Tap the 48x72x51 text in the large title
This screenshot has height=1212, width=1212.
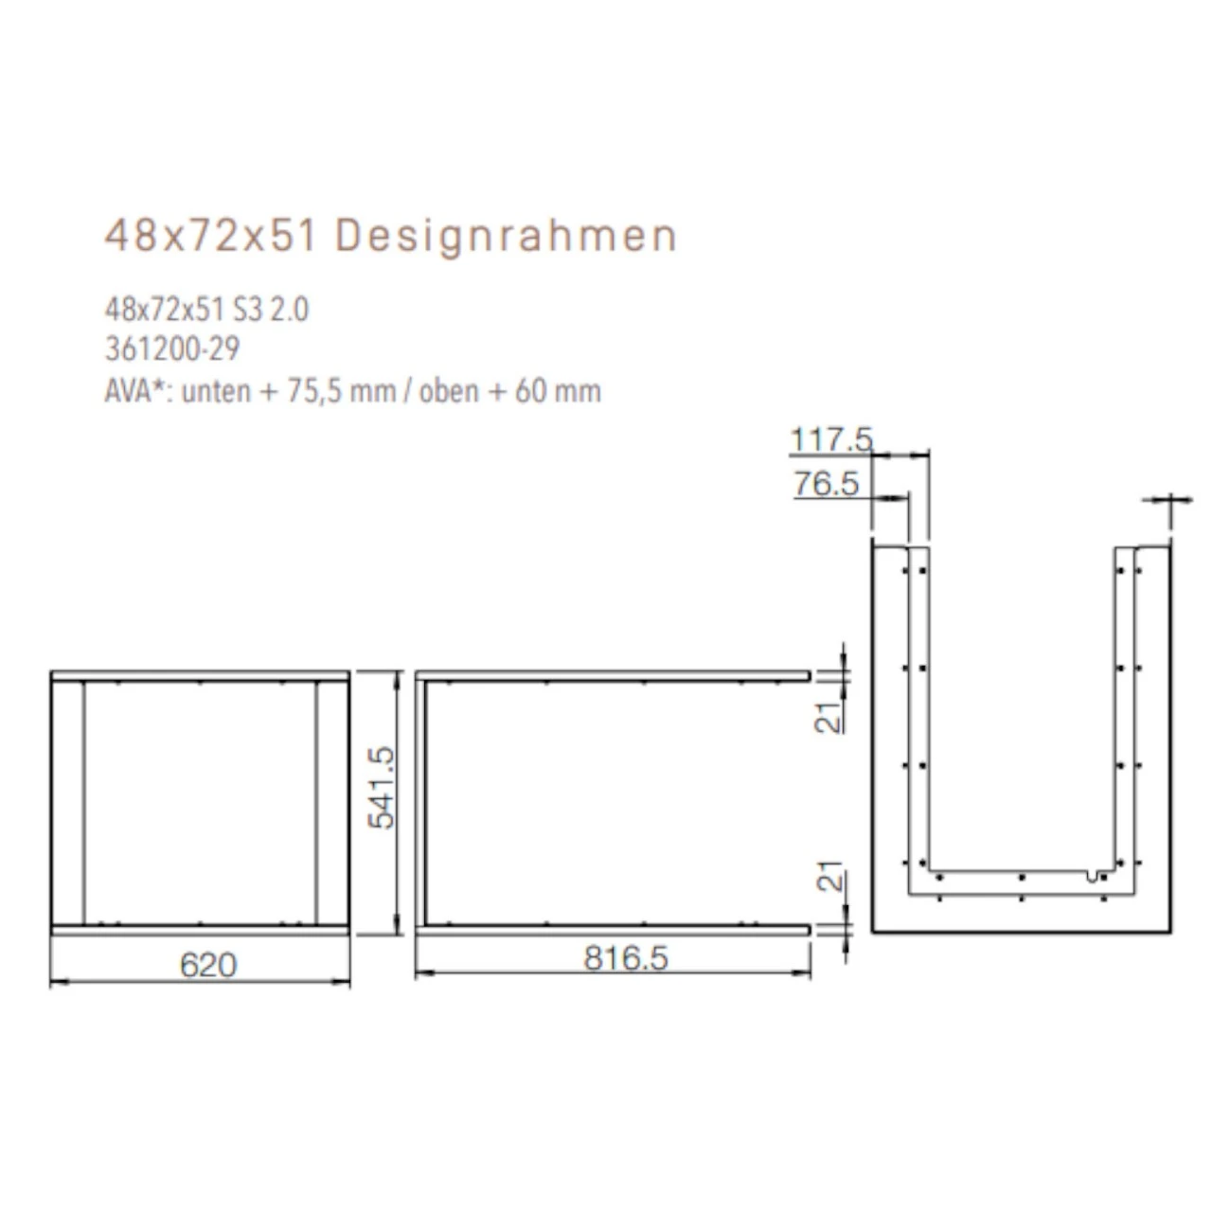click(x=209, y=237)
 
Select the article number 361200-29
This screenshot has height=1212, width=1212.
click(x=172, y=349)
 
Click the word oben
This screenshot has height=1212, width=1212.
click(x=449, y=391)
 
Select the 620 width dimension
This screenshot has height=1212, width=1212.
click(x=208, y=964)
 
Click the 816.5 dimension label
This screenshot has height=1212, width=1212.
click(x=626, y=958)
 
